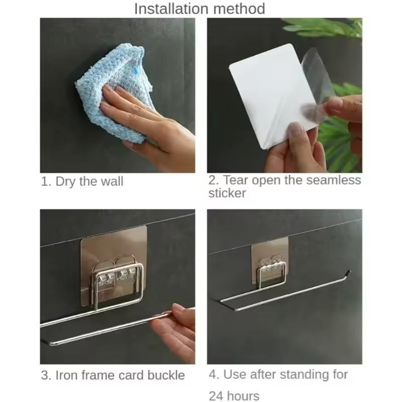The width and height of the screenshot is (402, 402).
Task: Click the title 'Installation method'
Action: [x=199, y=9]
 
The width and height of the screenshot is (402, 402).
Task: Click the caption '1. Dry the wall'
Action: [x=82, y=181]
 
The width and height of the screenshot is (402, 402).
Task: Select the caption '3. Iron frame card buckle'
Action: [x=113, y=375]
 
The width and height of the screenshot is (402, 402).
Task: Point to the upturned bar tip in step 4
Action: [x=346, y=274]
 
